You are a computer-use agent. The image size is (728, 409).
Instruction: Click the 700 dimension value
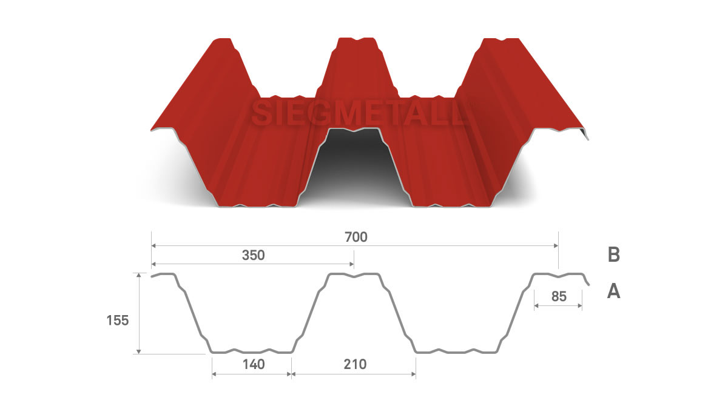point(356,238)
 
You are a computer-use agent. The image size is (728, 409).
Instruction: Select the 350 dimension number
point(253,256)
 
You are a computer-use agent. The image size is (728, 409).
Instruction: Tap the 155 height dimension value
point(118,321)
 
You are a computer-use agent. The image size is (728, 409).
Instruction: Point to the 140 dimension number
point(254,364)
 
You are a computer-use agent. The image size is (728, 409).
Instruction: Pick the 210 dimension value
point(355,364)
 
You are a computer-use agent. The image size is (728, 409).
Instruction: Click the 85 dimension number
point(559,296)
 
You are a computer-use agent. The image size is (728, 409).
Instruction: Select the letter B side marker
point(613,255)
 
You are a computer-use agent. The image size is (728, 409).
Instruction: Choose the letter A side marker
point(613,291)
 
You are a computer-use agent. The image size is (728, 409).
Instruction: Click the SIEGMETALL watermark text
point(359,114)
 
